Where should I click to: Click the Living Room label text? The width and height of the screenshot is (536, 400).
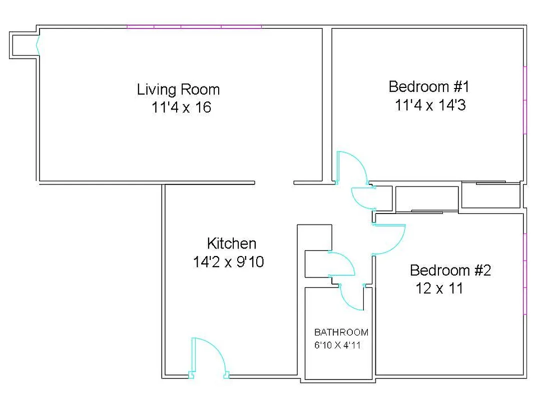[178, 89]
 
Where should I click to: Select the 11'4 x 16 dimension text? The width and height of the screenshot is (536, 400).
[181, 107]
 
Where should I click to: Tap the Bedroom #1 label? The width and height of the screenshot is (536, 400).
[429, 86]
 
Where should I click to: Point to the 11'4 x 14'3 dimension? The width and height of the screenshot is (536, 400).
[430, 105]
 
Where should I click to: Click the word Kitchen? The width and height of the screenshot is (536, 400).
[231, 243]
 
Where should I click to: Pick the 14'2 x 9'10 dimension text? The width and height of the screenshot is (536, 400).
[228, 262]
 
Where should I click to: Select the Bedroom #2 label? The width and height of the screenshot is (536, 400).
[450, 270]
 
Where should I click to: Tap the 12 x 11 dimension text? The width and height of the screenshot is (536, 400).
[439, 288]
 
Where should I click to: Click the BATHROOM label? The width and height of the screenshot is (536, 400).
[341, 332]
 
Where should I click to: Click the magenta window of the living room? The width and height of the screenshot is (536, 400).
[194, 26]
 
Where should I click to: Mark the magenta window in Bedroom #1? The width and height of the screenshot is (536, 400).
[524, 100]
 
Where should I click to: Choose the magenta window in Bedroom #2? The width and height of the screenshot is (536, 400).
[524, 273]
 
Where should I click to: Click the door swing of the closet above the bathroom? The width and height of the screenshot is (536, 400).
[342, 263]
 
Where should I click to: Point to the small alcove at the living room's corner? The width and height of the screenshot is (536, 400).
[23, 45]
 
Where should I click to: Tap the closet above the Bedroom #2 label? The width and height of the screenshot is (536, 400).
[426, 199]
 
